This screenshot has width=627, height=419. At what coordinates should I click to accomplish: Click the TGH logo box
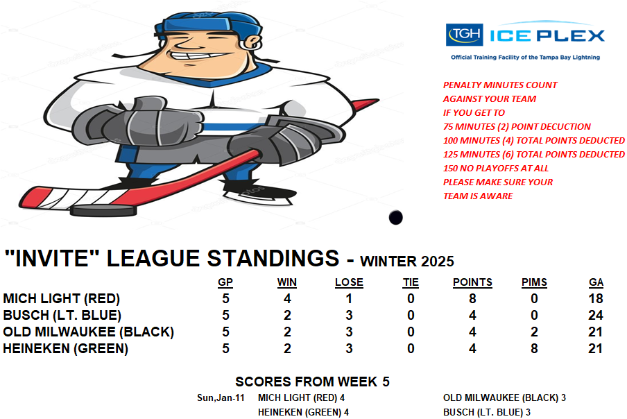(464, 35)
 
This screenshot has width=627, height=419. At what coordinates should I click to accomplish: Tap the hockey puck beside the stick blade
(103, 211)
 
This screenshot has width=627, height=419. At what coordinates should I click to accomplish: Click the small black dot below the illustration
(395, 218)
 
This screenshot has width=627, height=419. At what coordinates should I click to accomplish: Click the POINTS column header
(472, 282)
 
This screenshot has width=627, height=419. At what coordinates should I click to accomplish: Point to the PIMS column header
(534, 282)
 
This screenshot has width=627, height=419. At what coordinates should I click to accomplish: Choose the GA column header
(596, 282)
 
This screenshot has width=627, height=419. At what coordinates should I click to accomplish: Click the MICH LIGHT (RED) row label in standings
(62, 299)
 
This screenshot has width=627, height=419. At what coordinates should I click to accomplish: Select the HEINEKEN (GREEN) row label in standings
(66, 349)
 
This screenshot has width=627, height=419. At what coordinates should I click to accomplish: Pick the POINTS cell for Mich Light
(472, 299)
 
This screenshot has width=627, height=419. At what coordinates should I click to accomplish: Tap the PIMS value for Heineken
(534, 349)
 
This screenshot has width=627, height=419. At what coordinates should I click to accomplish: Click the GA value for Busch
(595, 316)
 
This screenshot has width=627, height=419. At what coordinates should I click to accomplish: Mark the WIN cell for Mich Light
(287, 299)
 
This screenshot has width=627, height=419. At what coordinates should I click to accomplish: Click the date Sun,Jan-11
(221, 397)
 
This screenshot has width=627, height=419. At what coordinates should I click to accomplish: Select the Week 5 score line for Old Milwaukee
(504, 397)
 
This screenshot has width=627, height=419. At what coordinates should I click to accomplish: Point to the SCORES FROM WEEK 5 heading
(312, 382)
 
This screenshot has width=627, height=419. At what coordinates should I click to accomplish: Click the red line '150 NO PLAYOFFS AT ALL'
(496, 169)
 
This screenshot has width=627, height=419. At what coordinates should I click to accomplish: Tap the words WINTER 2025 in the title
(407, 262)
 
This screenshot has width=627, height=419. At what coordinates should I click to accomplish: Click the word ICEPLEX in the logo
(547, 36)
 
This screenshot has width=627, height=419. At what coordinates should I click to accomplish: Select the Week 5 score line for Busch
(487, 412)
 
